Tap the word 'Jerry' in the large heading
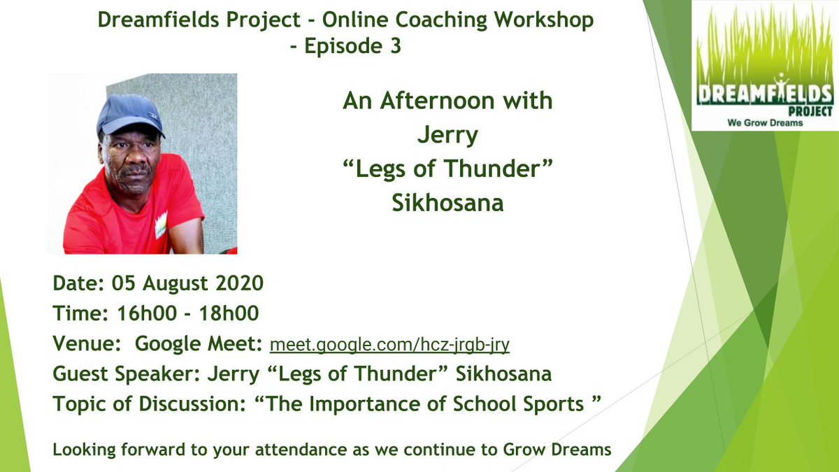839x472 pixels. (447, 135)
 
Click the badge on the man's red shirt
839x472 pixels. (161, 224)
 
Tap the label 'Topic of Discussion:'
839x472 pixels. (134, 403)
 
